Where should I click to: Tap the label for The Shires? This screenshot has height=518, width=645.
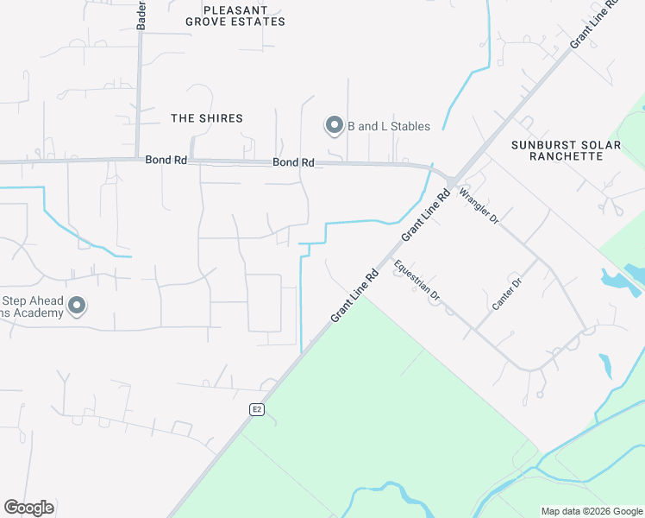[207, 117]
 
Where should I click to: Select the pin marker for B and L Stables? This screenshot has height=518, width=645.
[333, 126]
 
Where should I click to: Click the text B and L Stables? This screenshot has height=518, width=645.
[388, 126]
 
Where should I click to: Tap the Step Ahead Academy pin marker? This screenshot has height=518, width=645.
[77, 306]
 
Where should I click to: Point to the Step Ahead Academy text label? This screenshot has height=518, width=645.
[32, 306]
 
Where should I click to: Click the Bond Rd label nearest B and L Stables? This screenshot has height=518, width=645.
[293, 162]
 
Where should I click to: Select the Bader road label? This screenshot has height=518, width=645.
[141, 16]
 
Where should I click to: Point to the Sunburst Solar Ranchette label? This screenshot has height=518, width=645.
[566, 150]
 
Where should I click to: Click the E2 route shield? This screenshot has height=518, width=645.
[257, 408]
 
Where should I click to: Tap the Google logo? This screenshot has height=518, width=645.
[29, 508]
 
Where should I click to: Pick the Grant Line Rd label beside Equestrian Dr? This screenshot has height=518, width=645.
[355, 297]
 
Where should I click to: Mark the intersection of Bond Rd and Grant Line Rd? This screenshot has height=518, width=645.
[451, 180]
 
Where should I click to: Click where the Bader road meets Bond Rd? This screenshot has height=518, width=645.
[140, 159]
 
